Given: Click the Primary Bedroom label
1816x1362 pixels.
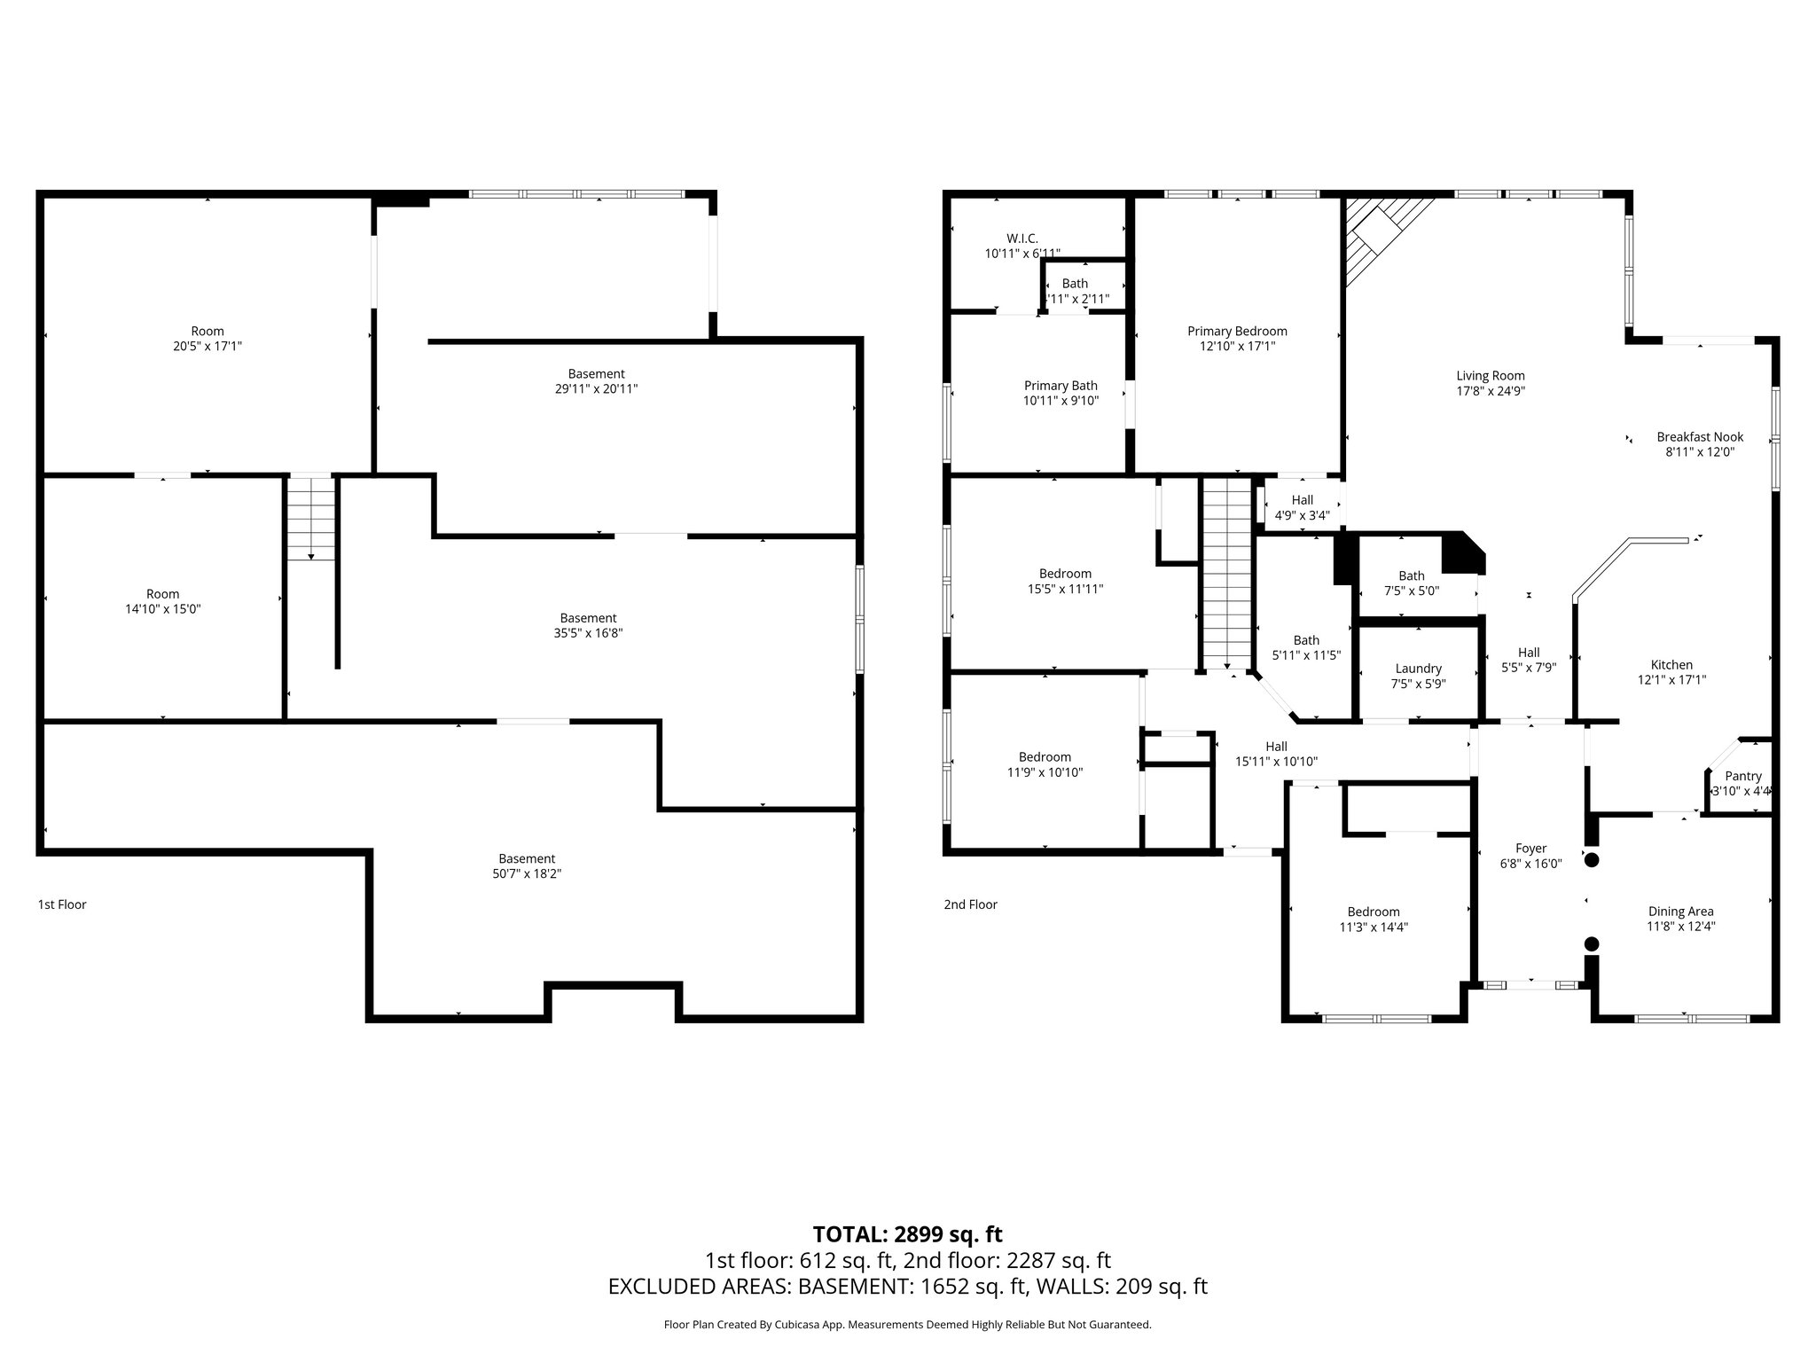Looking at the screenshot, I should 1237,332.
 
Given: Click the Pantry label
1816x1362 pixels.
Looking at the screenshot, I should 1742,776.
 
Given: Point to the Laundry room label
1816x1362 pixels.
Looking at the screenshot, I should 1418,669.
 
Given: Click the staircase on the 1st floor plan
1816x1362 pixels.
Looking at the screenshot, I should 311,519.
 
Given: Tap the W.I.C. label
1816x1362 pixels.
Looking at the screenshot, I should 1021,239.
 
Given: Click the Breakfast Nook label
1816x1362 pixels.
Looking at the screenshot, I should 1700,436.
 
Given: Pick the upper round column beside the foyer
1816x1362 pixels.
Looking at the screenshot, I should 1592,859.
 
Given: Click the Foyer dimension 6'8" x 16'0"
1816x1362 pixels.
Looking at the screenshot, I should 1530,864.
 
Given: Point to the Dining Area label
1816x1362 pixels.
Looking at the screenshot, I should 1680,911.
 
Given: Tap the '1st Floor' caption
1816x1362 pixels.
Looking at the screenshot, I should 62,904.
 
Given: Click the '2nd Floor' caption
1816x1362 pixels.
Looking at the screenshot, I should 970,904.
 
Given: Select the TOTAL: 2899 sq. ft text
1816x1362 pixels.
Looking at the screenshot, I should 907,1233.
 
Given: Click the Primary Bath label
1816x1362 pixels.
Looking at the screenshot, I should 1061,386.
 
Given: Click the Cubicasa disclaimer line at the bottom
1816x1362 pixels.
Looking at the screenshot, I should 907,1325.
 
